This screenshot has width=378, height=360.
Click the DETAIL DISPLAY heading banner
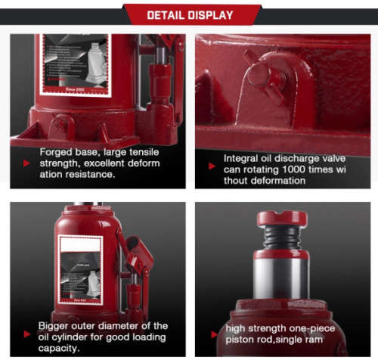click(x=189, y=14)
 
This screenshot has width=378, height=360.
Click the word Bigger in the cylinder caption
click(x=56, y=326)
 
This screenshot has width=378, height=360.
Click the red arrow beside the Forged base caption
click(x=26, y=163)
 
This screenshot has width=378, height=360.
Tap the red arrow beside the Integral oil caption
click(x=212, y=165)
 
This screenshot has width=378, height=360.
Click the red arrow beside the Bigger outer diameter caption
click(x=26, y=337)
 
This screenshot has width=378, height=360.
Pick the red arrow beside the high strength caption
click(x=212, y=331)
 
